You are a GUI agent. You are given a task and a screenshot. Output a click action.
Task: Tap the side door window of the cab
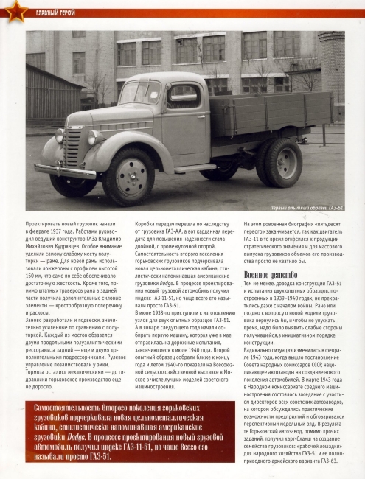point(171,94)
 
